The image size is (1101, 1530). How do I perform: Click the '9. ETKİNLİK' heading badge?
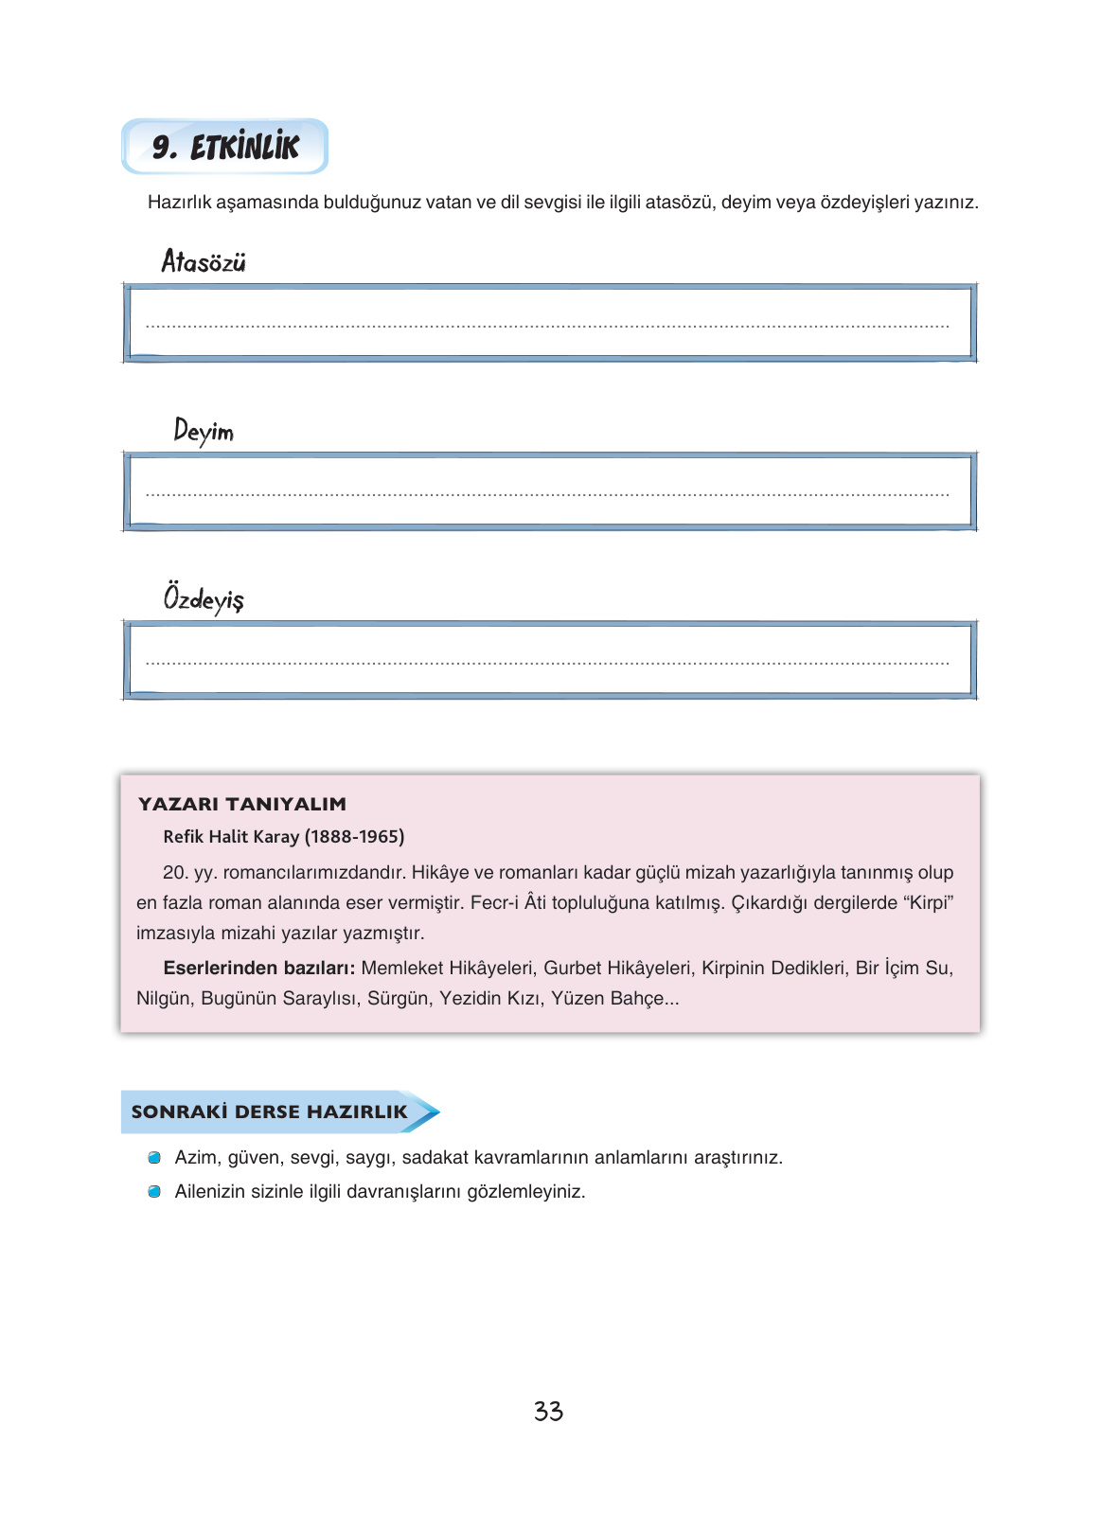point(225,147)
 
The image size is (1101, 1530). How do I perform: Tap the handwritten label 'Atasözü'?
point(204,261)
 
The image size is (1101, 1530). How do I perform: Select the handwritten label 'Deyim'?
point(204,432)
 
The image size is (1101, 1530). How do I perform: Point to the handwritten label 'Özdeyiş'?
point(204,598)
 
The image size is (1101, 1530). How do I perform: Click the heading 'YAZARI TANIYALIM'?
point(242,804)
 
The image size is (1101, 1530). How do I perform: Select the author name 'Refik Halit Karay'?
point(231,836)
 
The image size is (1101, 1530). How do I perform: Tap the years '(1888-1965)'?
point(355,836)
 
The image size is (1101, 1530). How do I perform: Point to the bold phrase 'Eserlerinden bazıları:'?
point(258,968)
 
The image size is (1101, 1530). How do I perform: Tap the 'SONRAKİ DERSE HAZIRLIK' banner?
point(270,1112)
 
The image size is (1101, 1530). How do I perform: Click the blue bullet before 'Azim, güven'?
point(154,1158)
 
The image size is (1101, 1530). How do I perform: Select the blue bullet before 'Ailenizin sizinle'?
point(154,1192)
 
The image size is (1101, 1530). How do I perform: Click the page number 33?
point(548,1412)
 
